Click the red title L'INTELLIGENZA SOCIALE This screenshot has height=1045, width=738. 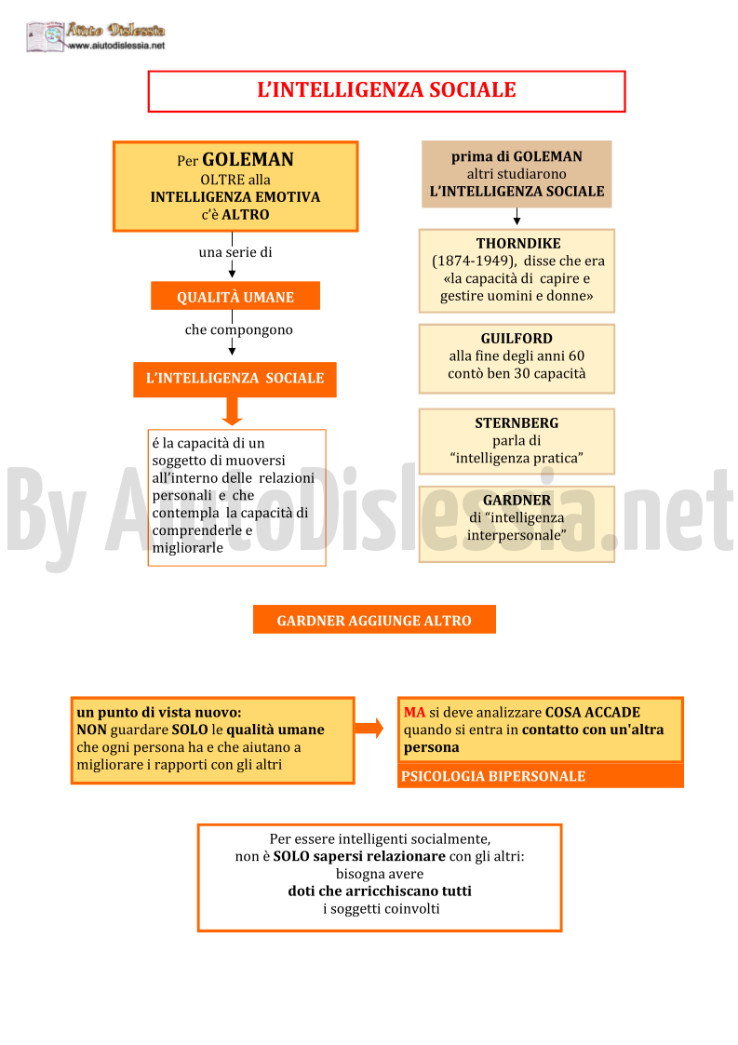(x=386, y=90)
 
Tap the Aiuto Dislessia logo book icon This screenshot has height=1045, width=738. (x=46, y=36)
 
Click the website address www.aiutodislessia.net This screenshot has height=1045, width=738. (x=116, y=46)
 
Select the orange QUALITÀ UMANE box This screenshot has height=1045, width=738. (x=235, y=296)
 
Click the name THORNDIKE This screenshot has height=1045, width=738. (x=518, y=243)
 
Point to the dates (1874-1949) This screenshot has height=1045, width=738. (x=474, y=261)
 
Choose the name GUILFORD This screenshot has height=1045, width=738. (x=517, y=339)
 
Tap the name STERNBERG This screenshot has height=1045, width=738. (x=517, y=423)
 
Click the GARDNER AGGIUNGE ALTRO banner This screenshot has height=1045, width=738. (x=374, y=620)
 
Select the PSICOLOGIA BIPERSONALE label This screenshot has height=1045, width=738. (x=493, y=776)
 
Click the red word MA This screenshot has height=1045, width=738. (x=414, y=713)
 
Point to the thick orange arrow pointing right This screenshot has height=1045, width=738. (x=369, y=729)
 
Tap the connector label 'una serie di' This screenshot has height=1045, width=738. (x=235, y=252)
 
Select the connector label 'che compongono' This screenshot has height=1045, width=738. (x=238, y=330)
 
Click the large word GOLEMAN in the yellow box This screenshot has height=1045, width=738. (x=248, y=159)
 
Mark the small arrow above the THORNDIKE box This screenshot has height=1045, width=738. (x=517, y=217)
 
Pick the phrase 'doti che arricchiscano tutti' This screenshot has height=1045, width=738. (x=380, y=891)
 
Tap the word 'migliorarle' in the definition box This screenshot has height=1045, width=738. (x=187, y=548)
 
